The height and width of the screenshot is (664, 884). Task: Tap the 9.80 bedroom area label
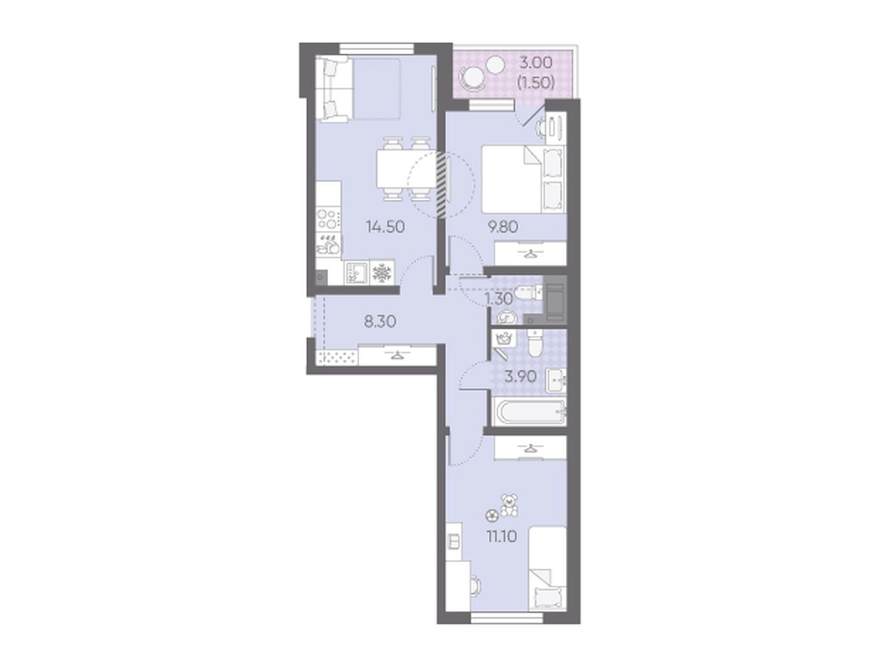click(503, 227)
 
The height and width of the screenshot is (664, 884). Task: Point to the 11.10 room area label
click(502, 536)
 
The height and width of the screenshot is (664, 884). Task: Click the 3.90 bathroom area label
click(520, 377)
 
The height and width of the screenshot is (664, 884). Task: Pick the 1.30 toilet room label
click(499, 299)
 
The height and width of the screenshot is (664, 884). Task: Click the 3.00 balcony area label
click(536, 63)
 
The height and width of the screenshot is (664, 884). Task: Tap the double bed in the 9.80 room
click(524, 179)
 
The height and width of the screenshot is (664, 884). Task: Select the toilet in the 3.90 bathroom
click(536, 345)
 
